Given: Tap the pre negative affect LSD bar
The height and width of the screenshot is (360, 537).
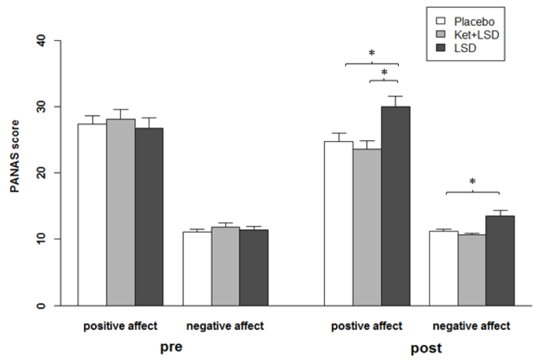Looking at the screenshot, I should (x=254, y=268).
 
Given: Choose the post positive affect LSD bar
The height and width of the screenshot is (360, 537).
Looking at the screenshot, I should (x=395, y=206).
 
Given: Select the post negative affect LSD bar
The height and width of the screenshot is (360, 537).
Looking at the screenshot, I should (x=499, y=260).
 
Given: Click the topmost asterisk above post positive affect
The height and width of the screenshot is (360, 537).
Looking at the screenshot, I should (x=371, y=53).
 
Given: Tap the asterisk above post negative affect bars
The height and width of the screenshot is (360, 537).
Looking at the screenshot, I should (x=473, y=182).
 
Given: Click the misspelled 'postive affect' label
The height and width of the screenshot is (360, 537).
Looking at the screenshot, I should (x=367, y=326).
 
